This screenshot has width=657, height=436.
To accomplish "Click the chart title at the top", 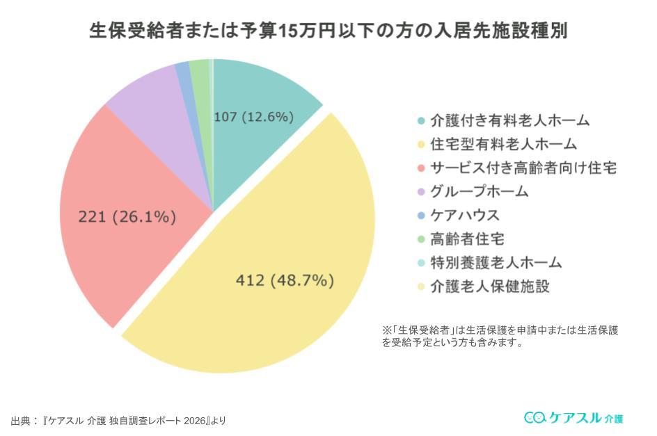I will (328, 32).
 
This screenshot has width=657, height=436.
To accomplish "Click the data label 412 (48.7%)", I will (285, 281).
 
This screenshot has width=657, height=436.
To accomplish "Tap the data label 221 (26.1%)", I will (127, 217).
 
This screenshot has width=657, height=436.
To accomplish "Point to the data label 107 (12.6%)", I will (253, 117).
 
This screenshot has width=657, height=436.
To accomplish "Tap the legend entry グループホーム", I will (479, 191).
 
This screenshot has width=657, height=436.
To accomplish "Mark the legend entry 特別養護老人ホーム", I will (496, 262).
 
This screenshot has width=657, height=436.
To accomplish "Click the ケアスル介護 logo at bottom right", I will (573, 417).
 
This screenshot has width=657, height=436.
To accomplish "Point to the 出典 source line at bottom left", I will (118, 421).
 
